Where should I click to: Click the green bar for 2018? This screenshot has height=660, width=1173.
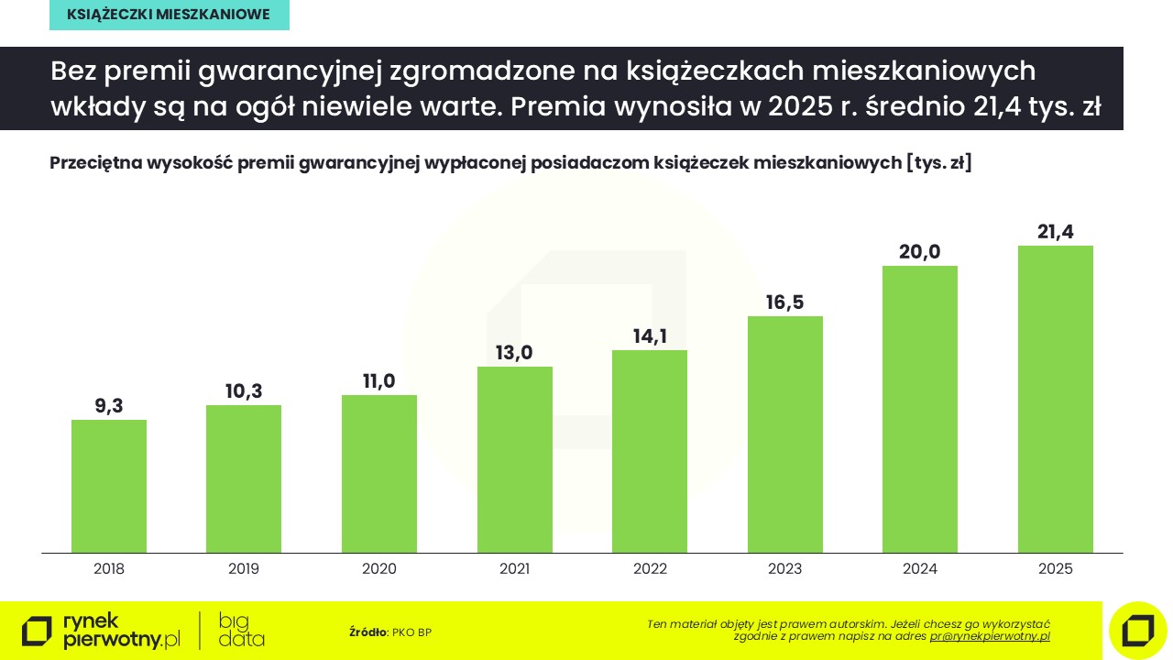(109, 486)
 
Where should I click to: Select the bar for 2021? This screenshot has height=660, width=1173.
(515, 459)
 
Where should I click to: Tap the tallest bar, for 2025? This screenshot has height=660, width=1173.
(1056, 399)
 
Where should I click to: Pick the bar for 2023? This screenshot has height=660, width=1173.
(785, 434)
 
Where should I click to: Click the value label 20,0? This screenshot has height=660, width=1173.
(920, 252)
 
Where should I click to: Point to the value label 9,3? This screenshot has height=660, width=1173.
(109, 406)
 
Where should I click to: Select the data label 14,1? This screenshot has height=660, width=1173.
(650, 336)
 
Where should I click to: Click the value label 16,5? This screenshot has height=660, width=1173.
(785, 302)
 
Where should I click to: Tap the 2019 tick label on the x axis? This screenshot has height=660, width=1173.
(244, 569)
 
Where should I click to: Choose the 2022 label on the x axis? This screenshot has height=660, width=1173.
(650, 569)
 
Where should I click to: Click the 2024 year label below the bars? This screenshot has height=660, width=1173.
(920, 569)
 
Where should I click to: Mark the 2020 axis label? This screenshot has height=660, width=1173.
(379, 569)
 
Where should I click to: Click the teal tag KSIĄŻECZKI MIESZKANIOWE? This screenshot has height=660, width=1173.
(170, 15)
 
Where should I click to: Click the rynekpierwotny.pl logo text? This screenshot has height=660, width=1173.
(121, 631)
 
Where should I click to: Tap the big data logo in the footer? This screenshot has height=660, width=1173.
(242, 630)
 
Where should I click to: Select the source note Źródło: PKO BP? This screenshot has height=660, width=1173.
(390, 632)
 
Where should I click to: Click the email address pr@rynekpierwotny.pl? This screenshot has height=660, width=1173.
(990, 636)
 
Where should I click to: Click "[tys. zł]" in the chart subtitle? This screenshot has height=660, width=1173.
(938, 163)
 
